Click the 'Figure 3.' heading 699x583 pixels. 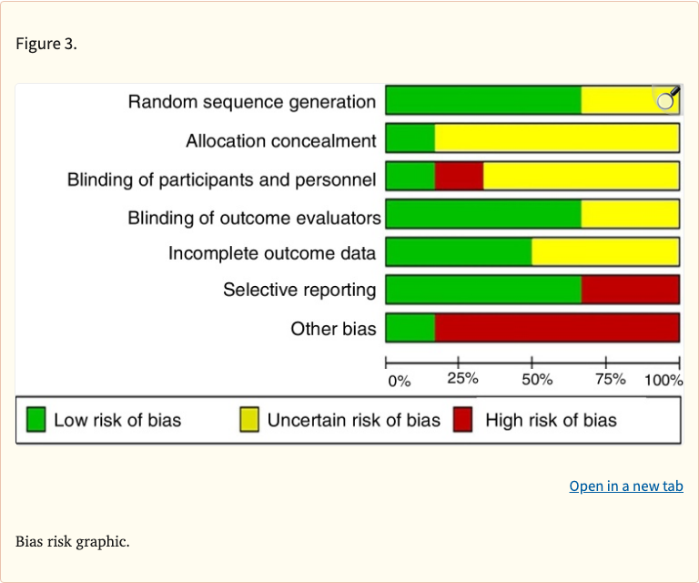pyautogui.click(x=46, y=45)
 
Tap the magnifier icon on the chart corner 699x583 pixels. pyautogui.click(x=666, y=98)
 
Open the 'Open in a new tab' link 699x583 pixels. pyautogui.click(x=625, y=486)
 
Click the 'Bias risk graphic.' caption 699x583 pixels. pyautogui.click(x=73, y=542)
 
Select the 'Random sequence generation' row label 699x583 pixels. pyautogui.click(x=251, y=102)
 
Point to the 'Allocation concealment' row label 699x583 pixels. pyautogui.click(x=280, y=140)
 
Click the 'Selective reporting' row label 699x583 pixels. pyautogui.click(x=299, y=290)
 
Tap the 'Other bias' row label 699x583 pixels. pyautogui.click(x=333, y=329)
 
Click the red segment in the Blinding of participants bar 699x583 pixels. pyautogui.click(x=459, y=176)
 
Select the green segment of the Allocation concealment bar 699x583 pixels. pyautogui.click(x=410, y=138)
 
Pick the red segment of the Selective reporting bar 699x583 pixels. pyautogui.click(x=630, y=290)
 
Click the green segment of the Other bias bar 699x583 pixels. pyautogui.click(x=410, y=328)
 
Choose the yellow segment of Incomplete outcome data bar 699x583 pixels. pyautogui.click(x=605, y=252)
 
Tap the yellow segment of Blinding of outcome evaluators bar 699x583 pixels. pyautogui.click(x=630, y=214)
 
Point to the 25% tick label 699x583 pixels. pyautogui.click(x=462, y=379)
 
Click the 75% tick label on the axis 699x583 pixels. pyautogui.click(x=610, y=379)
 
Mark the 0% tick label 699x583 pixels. pyautogui.click(x=399, y=381)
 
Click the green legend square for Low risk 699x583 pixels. pyautogui.click(x=35, y=420)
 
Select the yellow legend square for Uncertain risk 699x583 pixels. pyautogui.click(x=248, y=420)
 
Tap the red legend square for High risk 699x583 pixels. pyautogui.click(x=462, y=420)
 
